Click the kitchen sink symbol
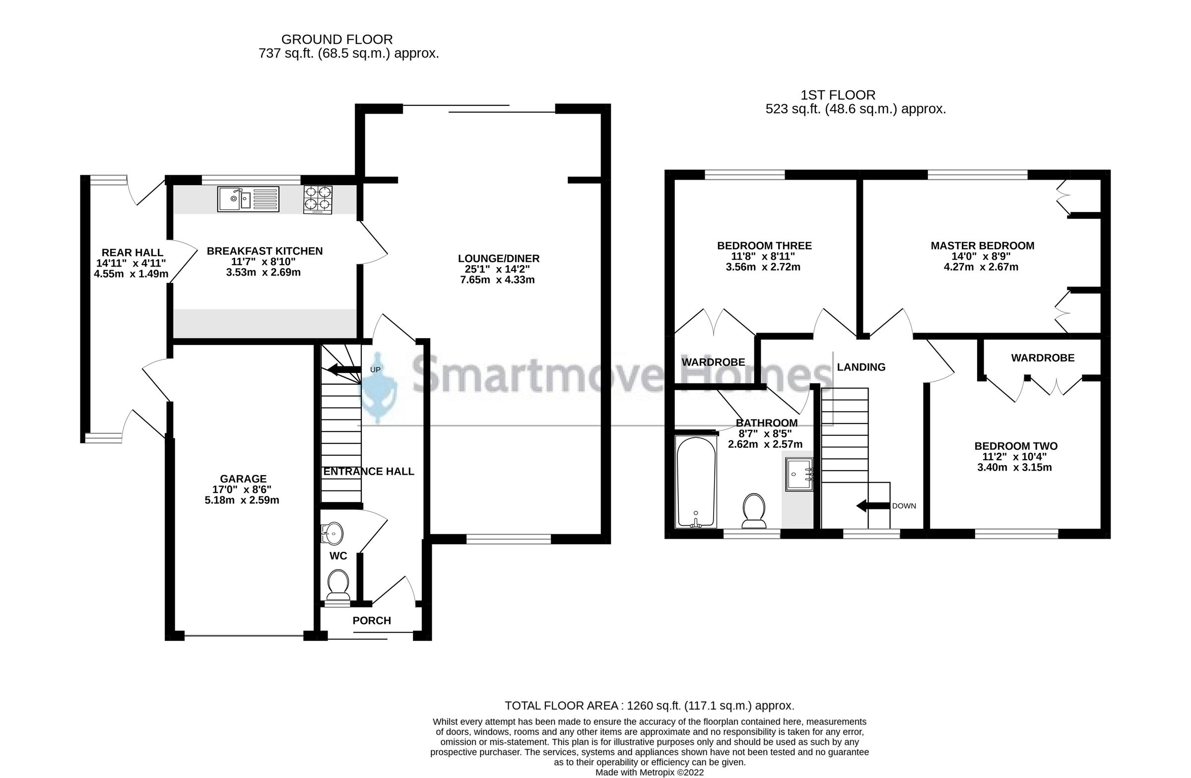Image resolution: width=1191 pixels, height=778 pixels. coord(248,199)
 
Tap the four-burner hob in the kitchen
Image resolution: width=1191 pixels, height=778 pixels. coord(318,199)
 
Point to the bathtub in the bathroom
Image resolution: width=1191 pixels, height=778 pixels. coord(696,482)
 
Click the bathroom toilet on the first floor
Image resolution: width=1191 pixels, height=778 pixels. coord(754,511)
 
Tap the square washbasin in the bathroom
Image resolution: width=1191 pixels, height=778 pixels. coord(798,474)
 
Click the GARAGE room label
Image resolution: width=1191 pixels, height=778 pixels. coord(244,479)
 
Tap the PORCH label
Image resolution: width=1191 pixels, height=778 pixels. coord(371,621)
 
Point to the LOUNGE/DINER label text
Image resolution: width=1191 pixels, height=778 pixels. coord(498,258)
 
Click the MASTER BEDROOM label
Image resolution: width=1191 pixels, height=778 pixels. coord(982,246)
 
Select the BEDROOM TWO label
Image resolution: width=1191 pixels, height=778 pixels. coord(1015,446)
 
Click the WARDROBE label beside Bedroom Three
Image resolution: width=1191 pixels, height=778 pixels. coord(713,362)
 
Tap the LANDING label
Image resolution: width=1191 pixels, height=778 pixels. coord(860,367)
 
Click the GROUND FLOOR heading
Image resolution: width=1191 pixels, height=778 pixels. coord(337,39)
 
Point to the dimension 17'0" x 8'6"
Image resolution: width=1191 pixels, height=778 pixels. coord(242,489)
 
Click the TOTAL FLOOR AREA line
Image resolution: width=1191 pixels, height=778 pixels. coord(649,706)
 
